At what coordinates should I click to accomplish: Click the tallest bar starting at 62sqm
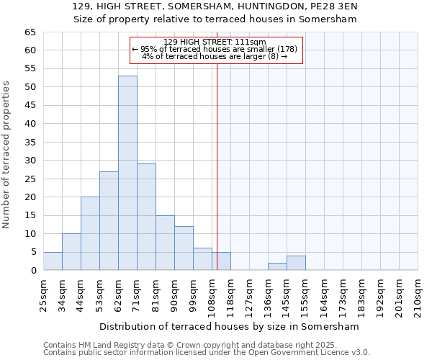click(127, 173)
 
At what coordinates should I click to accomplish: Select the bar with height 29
click(146, 217)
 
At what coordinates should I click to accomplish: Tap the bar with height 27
click(109, 220)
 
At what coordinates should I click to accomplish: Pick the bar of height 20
click(90, 233)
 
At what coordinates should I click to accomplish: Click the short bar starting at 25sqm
click(53, 261)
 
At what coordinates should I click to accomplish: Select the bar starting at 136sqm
click(277, 266)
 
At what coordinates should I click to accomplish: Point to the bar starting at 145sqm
click(296, 263)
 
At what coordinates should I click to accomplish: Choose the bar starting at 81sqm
click(165, 243)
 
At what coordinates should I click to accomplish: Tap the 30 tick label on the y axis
click(30, 161)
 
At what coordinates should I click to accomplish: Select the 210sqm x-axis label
click(418, 294)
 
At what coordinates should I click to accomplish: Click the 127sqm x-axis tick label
click(250, 294)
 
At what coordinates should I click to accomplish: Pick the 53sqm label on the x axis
click(100, 294)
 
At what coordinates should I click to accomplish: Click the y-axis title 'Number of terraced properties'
click(6, 155)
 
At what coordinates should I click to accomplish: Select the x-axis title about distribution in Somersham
click(229, 326)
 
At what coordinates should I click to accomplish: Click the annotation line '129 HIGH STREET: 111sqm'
click(215, 42)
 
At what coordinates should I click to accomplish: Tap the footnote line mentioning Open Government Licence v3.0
click(207, 353)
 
